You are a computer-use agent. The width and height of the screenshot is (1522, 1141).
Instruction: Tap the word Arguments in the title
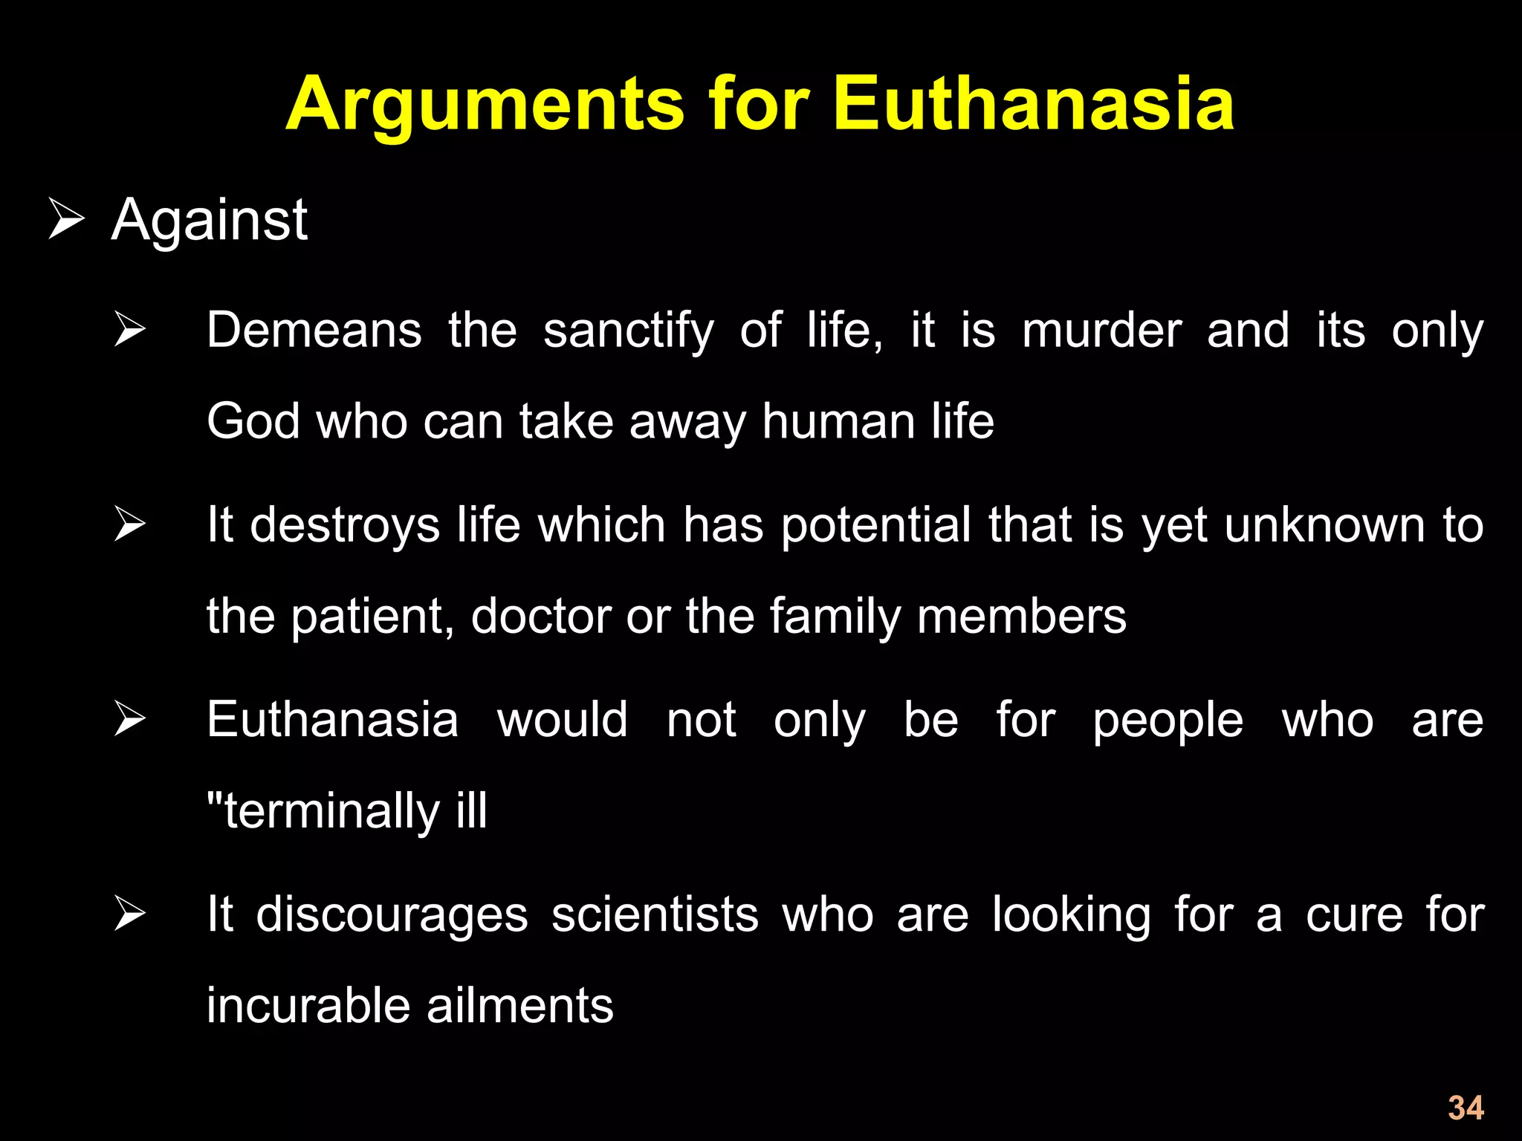tap(485, 105)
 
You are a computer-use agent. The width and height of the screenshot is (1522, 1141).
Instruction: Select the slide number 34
tap(1466, 1108)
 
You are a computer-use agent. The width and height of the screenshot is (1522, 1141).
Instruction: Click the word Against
tap(209, 221)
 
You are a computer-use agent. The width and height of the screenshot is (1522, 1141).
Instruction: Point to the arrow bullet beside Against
tap(66, 219)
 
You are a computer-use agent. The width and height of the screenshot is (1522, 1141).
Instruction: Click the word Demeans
tap(314, 330)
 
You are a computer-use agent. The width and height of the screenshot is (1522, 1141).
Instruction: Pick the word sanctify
tap(628, 331)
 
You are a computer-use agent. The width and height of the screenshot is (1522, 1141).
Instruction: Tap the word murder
tap(1101, 330)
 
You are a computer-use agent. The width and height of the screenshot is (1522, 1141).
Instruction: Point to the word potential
tap(876, 526)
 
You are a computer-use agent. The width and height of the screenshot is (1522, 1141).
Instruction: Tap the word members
tap(1022, 617)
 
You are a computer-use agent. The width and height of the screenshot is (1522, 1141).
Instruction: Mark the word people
tap(1168, 721)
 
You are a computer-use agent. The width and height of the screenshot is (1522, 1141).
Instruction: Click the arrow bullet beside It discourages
tap(130, 914)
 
